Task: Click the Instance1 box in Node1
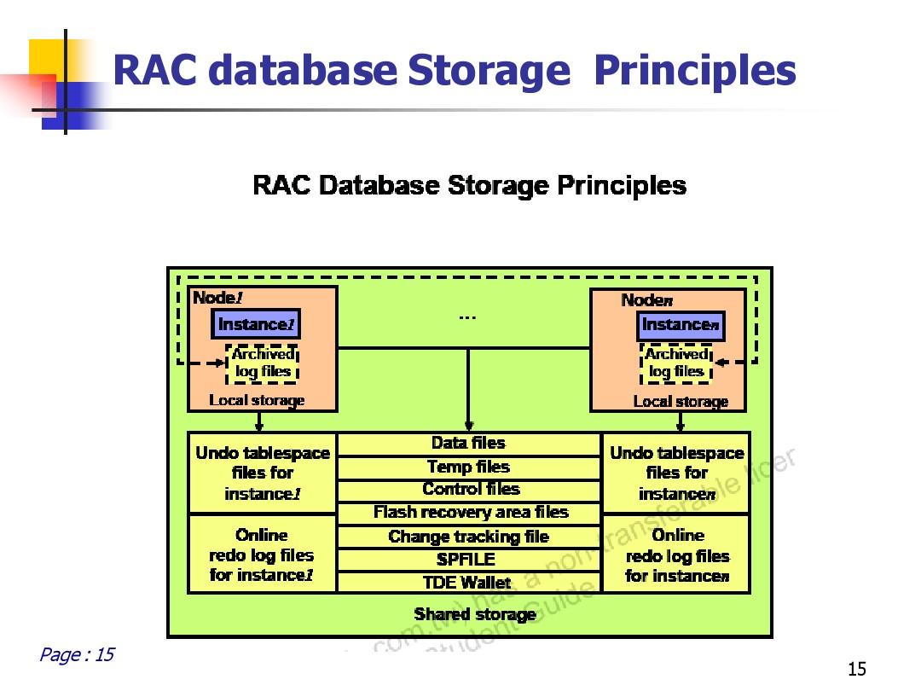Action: [256, 324]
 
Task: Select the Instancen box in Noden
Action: [681, 325]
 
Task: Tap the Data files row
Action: [469, 444]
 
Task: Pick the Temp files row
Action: [469, 467]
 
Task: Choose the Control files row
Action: [470, 490]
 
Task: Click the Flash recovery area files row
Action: [470, 513]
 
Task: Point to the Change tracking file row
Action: [469, 537]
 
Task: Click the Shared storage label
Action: [475, 614]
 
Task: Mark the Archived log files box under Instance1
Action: [264, 363]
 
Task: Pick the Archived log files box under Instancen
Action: [676, 363]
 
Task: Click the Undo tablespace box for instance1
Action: [262, 473]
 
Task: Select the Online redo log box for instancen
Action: [677, 556]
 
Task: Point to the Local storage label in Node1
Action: [257, 400]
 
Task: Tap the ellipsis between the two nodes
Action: [467, 317]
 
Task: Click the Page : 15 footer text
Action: [77, 655]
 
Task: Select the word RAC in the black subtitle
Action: [282, 186]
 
